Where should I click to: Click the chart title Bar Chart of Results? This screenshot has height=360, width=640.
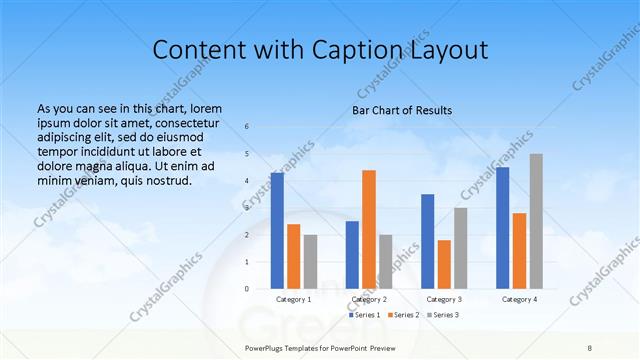tap(402, 110)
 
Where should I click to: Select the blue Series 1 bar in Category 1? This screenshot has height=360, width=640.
tap(277, 230)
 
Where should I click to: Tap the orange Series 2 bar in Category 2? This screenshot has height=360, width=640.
tap(369, 229)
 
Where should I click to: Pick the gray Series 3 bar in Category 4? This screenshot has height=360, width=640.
tap(536, 221)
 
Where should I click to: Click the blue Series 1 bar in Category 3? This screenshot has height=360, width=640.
tap(428, 241)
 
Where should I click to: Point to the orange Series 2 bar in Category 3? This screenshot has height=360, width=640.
tap(444, 264)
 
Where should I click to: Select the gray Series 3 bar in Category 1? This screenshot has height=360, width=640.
tap(310, 261)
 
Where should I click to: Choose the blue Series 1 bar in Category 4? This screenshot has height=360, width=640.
tap(503, 227)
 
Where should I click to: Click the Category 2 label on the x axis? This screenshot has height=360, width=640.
tap(369, 299)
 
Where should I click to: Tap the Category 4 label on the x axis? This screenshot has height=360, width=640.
tap(519, 299)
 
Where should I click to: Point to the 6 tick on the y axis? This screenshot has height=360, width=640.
tap(247, 127)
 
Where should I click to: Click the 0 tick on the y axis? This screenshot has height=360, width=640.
tap(247, 288)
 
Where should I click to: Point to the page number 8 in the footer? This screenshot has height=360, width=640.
tap(590, 346)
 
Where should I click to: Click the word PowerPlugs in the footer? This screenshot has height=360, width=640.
tap(266, 346)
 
